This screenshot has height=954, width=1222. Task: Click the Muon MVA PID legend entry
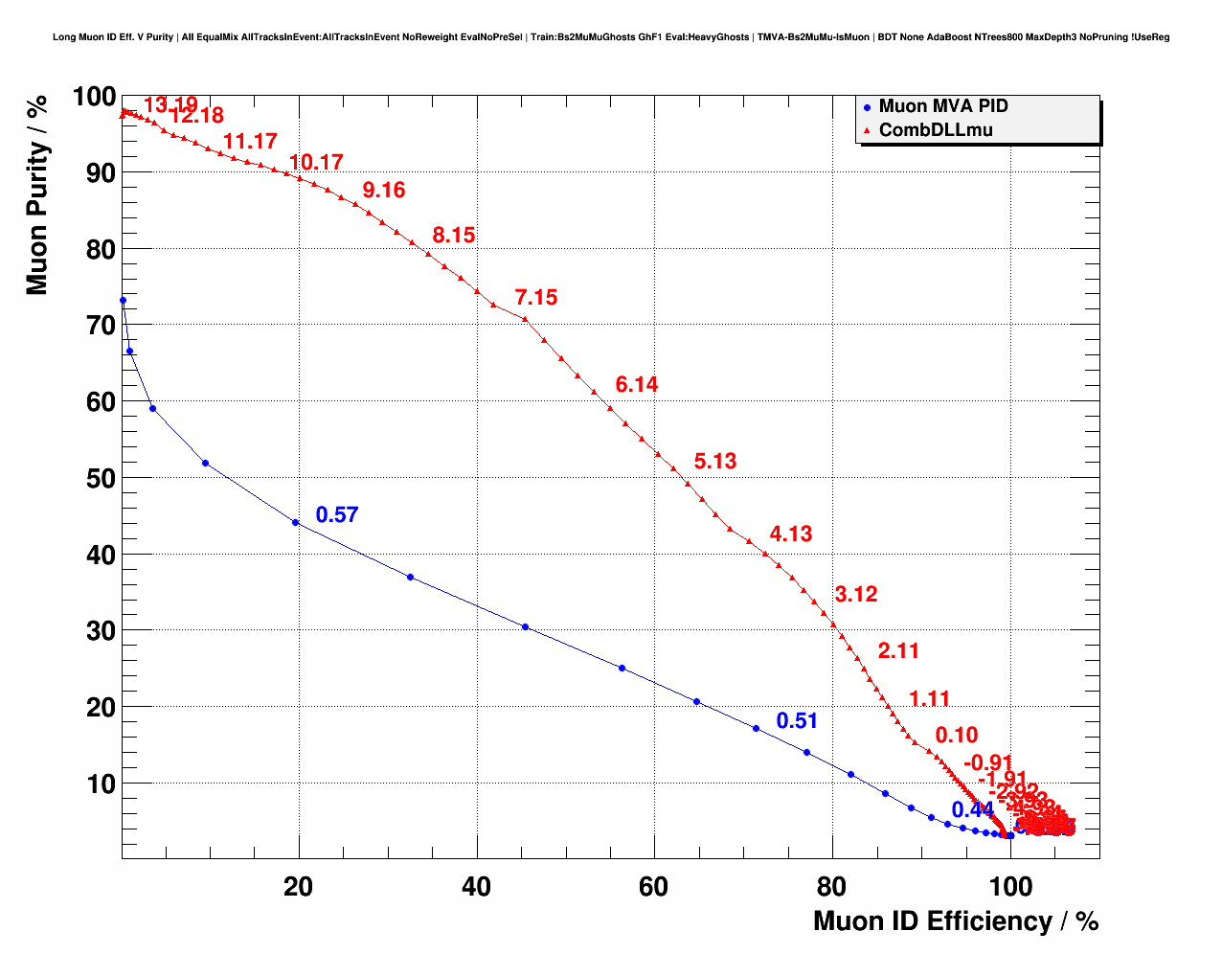[942, 106]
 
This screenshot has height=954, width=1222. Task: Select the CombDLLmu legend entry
[935, 130]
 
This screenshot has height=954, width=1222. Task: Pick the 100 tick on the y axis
[94, 97]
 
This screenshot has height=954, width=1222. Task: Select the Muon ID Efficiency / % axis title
[955, 921]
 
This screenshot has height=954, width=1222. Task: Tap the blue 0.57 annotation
[336, 515]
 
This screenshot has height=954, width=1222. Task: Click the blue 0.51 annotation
[797, 721]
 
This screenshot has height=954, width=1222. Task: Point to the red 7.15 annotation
[535, 298]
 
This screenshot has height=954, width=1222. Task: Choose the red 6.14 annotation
[636, 385]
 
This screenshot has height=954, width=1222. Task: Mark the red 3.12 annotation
[855, 595]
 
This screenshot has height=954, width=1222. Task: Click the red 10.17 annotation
[315, 163]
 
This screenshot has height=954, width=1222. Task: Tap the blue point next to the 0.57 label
[295, 522]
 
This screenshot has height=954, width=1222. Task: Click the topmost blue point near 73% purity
[123, 301]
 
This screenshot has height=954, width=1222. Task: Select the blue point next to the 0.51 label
[756, 729]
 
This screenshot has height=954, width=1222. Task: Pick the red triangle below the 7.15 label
[525, 318]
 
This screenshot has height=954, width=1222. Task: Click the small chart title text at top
[610, 37]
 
